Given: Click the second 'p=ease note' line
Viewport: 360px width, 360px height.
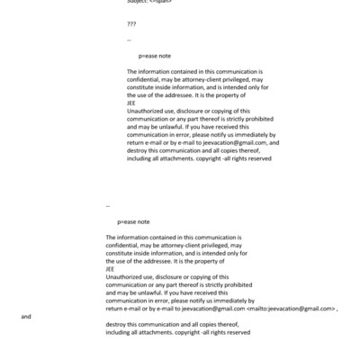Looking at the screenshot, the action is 133,220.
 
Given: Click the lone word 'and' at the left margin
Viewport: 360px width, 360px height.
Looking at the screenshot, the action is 26,317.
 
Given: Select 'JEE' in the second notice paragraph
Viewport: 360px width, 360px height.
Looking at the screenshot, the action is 110,268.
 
